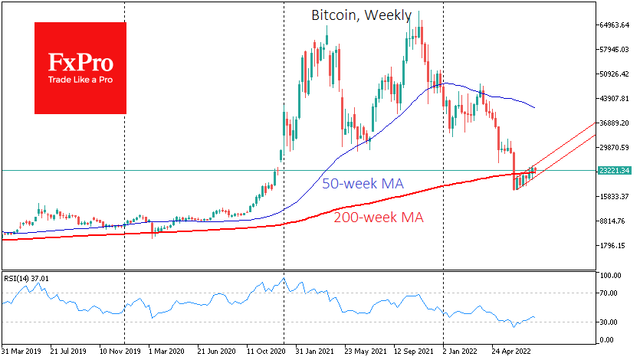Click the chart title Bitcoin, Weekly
tap(361, 15)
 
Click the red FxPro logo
tap(80, 67)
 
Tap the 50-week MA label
tap(362, 184)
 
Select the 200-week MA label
tap(379, 217)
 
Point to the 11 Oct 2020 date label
tap(267, 352)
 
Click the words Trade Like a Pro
tap(80, 79)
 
